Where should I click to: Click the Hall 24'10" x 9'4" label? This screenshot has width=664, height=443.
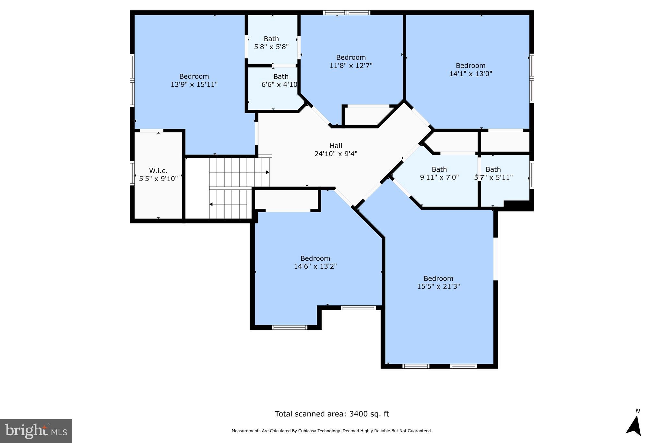(336, 150)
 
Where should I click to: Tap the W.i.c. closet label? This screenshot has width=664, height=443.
(158, 175)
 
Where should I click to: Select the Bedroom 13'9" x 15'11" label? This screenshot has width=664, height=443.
(194, 80)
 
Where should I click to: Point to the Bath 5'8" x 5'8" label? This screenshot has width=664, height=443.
(271, 43)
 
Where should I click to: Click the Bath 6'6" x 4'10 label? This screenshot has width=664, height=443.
(280, 80)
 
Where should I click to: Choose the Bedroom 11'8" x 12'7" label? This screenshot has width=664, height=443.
(351, 61)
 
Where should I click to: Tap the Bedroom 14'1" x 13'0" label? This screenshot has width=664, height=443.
(470, 69)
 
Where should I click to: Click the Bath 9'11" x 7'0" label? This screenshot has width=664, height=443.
(439, 173)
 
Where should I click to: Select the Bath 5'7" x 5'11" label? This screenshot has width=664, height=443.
(493, 173)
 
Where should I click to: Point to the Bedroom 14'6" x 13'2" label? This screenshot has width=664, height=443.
(315, 262)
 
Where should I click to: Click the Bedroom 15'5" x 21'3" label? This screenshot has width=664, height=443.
(438, 282)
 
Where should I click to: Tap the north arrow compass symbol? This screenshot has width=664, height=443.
(634, 426)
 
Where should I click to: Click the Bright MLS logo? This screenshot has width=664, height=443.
(36, 431)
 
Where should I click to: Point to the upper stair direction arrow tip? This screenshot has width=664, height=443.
(268, 172)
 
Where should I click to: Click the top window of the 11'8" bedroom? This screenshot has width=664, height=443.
(347, 13)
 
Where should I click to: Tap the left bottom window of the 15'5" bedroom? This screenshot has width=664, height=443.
(416, 366)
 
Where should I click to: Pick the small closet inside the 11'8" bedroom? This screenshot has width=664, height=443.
(366, 116)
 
